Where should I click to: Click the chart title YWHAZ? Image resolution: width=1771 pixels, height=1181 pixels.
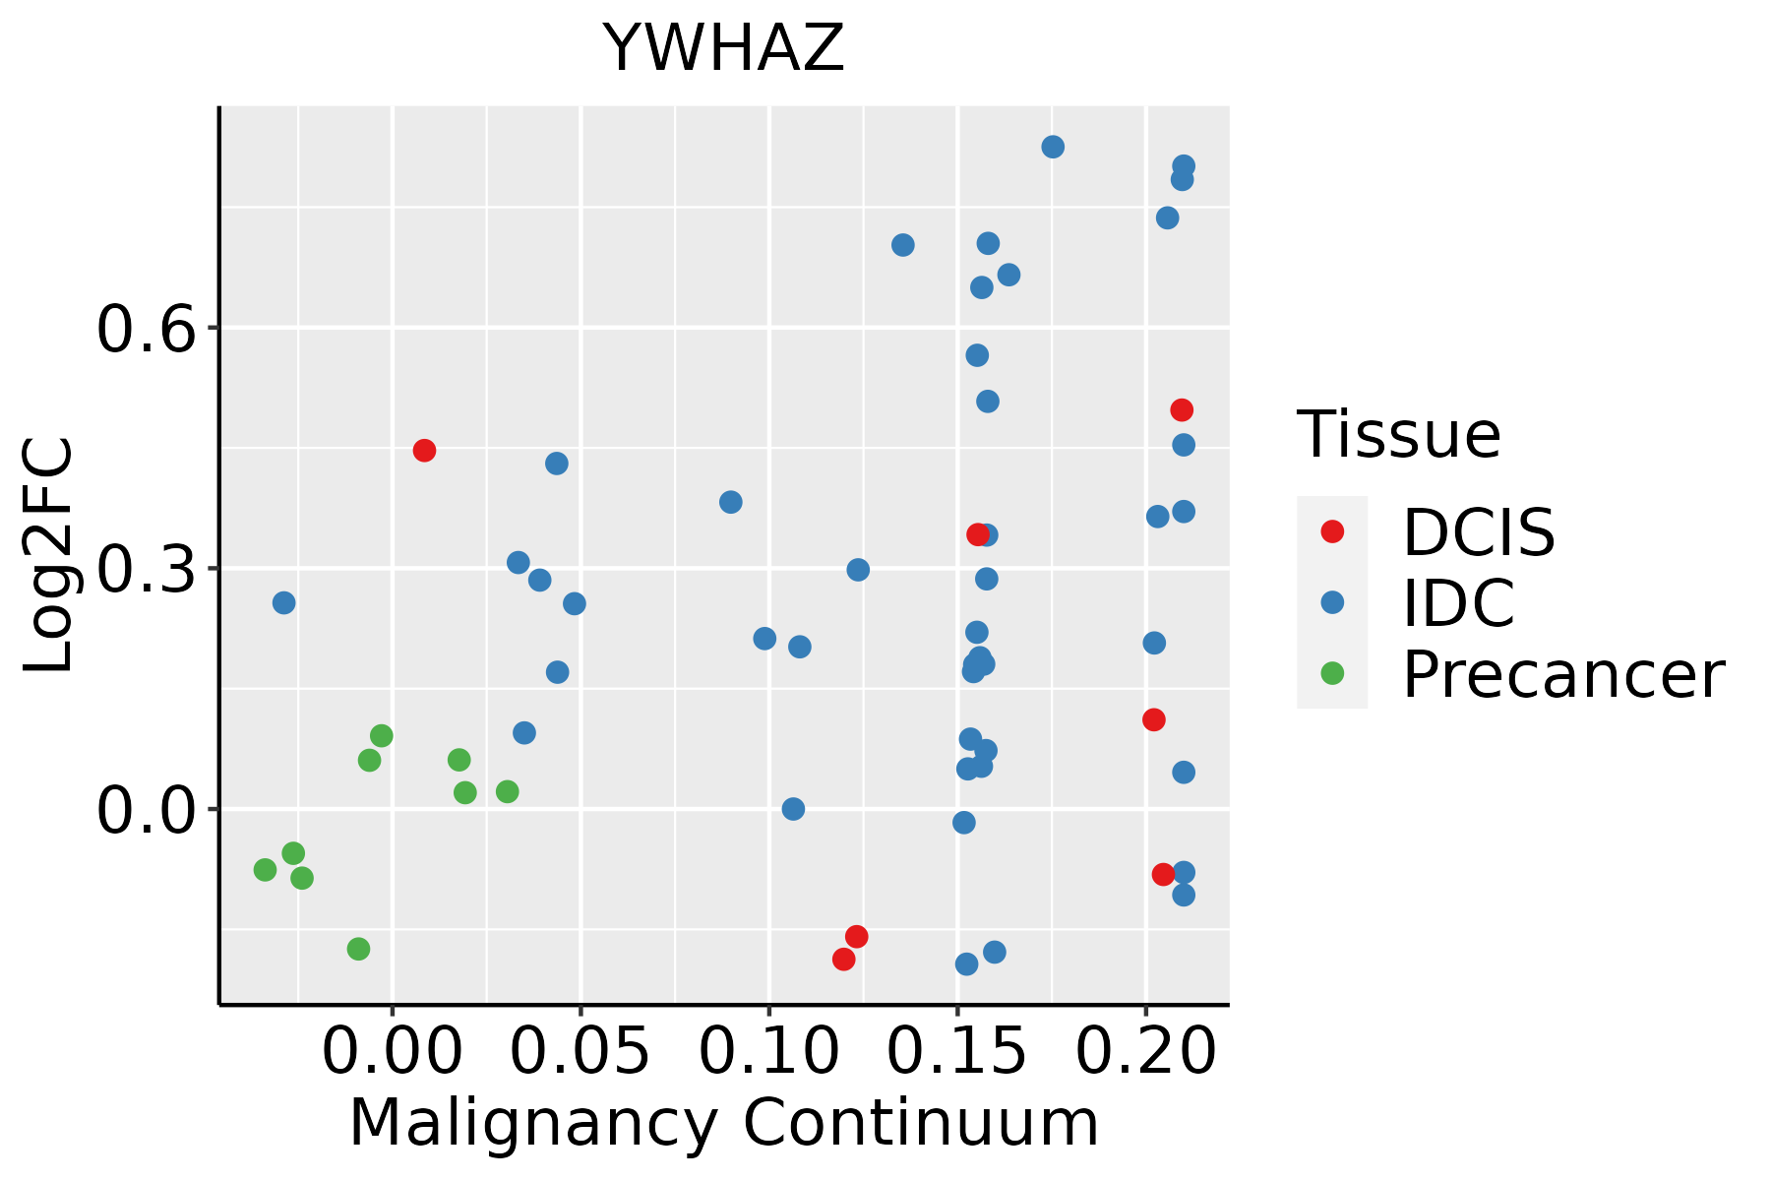point(724,48)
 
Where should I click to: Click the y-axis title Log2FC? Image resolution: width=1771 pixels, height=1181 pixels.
point(49,556)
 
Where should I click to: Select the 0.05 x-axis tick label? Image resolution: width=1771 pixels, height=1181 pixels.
point(580,1052)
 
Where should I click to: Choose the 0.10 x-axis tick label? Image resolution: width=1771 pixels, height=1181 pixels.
point(769,1052)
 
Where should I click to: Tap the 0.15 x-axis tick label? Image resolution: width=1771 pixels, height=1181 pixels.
point(957,1052)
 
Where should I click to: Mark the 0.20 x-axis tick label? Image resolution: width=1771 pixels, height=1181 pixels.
point(1145,1052)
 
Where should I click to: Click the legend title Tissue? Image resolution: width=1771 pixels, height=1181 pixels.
point(1399,434)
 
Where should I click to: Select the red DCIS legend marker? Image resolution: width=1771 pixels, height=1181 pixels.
point(1332,531)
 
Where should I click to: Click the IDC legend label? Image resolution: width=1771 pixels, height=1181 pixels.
point(1458,602)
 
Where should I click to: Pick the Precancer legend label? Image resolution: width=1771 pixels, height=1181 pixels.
point(1563,674)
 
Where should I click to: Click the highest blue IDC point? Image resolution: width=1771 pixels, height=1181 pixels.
point(1053,147)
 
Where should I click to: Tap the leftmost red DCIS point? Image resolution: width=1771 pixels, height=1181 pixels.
point(424,450)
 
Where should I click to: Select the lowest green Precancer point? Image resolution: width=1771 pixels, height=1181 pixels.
point(358,949)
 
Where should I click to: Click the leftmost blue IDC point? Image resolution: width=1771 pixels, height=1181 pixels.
point(283,602)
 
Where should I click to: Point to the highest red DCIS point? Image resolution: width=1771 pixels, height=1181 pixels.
point(1182,409)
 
